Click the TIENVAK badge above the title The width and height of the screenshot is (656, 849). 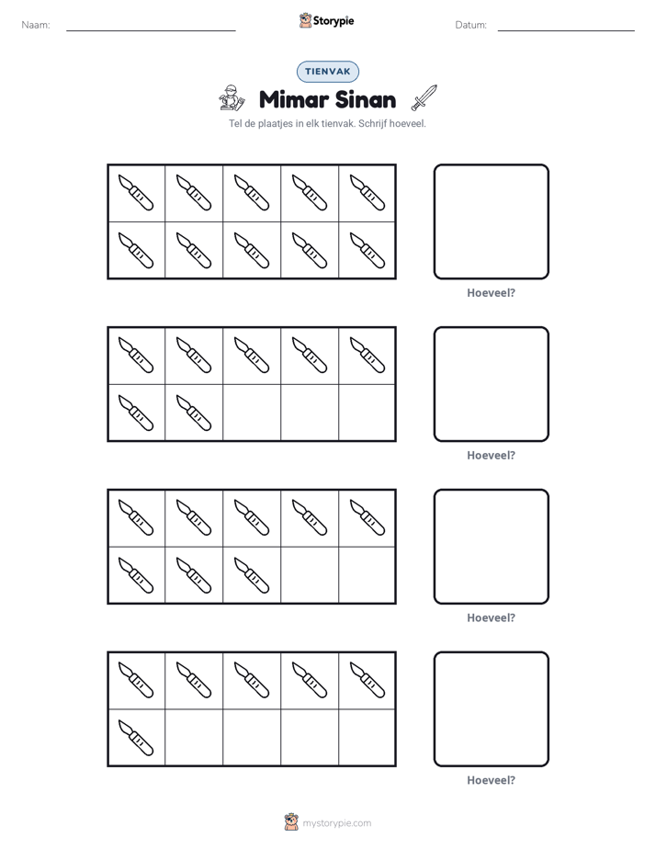tap(327, 72)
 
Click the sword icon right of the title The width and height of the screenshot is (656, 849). tap(424, 97)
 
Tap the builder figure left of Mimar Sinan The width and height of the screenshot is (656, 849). tap(232, 97)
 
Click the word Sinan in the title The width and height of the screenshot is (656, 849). tap(366, 99)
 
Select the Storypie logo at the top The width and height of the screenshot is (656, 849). tap(326, 20)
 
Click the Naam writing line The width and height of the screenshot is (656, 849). tap(151, 30)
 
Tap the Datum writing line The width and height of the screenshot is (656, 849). tap(566, 30)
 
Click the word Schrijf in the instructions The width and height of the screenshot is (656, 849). tap(372, 123)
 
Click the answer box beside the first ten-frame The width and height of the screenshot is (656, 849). tap(492, 221)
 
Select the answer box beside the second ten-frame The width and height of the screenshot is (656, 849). tap(492, 384)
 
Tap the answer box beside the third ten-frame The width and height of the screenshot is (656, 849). tap(492, 547)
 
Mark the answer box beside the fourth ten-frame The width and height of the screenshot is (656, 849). tap(492, 708)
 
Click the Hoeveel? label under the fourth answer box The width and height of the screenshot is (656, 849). tap(491, 780)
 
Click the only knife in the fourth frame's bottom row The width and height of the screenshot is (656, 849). tap(136, 738)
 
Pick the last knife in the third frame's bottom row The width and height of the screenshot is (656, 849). tap(252, 575)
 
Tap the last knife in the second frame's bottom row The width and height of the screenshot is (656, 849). tap(194, 413)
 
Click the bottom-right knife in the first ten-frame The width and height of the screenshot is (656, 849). tap(368, 250)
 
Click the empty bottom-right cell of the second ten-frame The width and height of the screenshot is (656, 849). tap(367, 413)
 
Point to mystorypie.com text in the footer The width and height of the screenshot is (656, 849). tap(336, 823)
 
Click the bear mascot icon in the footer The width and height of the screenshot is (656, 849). tap(291, 822)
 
